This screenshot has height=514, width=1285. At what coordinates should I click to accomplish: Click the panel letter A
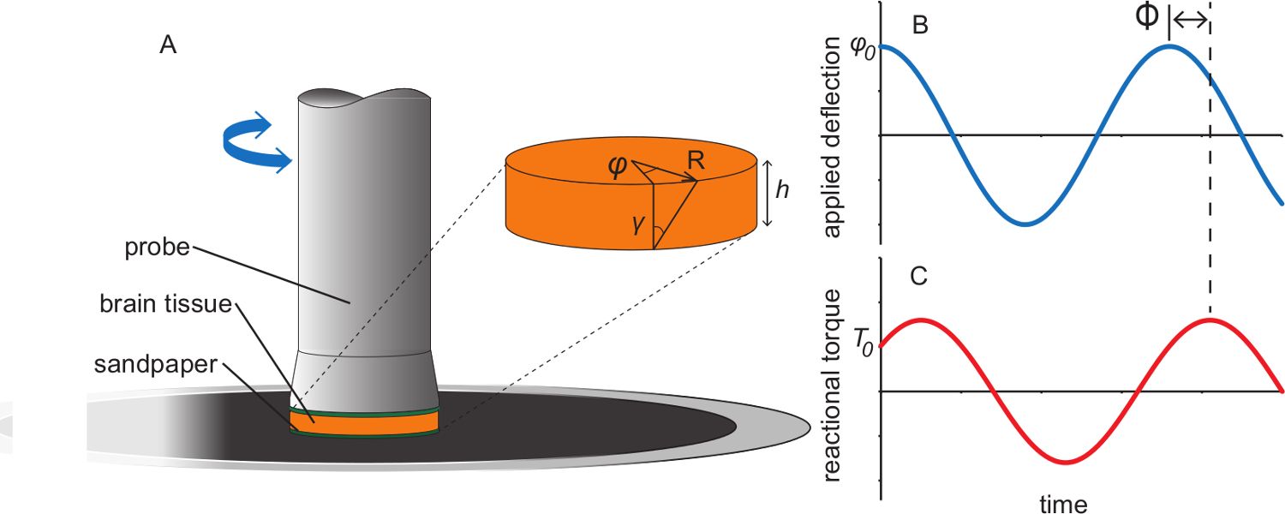[168, 46]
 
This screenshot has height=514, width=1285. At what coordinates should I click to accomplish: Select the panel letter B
[921, 26]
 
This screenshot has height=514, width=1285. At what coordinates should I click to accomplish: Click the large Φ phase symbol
[1145, 19]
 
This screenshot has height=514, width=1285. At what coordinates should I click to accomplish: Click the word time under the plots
[1063, 503]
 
